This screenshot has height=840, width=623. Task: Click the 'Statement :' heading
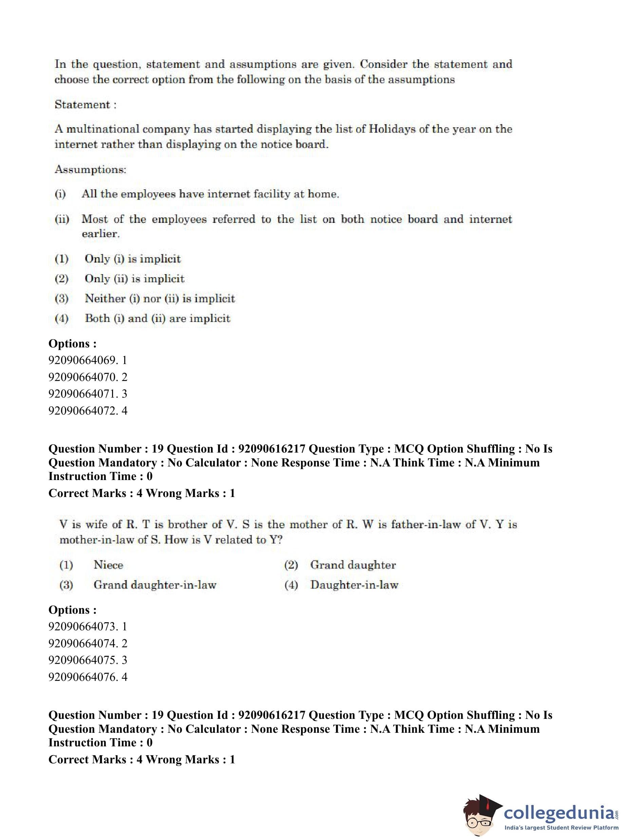(x=85, y=104)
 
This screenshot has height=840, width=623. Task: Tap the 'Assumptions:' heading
(x=90, y=169)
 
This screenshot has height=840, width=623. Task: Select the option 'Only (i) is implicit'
(x=132, y=259)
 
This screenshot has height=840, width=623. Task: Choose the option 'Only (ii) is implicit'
(x=134, y=279)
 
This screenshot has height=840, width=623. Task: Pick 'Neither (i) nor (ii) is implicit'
(x=159, y=298)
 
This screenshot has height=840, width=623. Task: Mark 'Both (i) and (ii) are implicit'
(x=157, y=318)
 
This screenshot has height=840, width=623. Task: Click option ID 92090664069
(x=88, y=360)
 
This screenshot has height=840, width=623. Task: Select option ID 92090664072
(x=88, y=410)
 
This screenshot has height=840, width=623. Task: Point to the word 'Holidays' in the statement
(x=392, y=129)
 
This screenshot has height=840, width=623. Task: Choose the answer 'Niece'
(x=108, y=565)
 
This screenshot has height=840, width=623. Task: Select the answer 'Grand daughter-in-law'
(x=155, y=585)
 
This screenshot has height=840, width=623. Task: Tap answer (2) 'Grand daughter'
(x=353, y=565)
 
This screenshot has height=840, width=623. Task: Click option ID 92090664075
(x=88, y=660)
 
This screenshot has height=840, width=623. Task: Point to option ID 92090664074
(x=88, y=643)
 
